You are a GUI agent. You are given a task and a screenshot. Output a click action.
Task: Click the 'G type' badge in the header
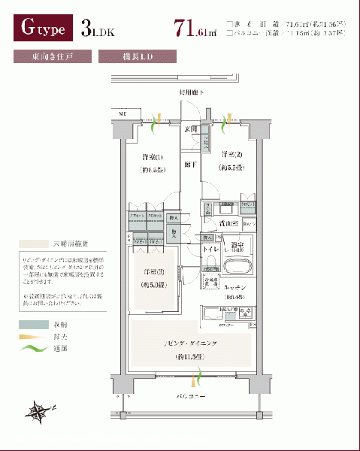tap(42, 30)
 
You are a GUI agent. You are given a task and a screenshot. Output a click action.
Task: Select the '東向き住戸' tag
tap(52, 56)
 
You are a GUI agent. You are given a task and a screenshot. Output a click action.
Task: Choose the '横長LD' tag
tap(138, 56)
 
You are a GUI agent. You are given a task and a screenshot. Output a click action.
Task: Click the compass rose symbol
tap(40, 411)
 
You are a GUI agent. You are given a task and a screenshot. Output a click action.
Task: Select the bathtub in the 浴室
tap(240, 267)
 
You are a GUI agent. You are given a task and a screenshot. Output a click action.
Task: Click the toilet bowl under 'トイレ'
tap(211, 266)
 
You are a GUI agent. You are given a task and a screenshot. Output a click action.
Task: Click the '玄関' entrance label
tap(192, 129)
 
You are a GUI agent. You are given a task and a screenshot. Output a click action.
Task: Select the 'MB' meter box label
tap(121, 114)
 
